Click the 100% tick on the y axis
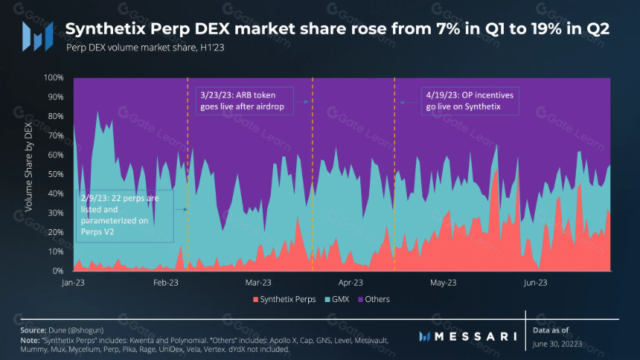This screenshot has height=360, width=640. click(x=54, y=77)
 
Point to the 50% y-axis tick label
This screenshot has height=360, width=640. click(x=55, y=174)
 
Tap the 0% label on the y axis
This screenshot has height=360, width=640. click(x=57, y=271)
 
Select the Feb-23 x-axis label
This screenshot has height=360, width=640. click(x=166, y=283)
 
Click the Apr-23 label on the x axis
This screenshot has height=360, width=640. click(x=351, y=283)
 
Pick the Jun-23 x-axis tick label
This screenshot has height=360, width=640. click(x=536, y=283)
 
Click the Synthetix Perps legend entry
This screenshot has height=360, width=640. click(x=284, y=299)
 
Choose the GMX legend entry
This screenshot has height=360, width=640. click(x=337, y=299)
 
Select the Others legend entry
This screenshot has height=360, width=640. click(x=374, y=299)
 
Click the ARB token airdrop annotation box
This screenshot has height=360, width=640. click(x=245, y=101)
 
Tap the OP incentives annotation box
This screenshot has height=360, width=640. click(x=470, y=101)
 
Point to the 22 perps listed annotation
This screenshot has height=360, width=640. click(x=125, y=216)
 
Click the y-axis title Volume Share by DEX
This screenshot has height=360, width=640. click(x=28, y=167)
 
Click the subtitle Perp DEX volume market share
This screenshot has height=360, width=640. click(x=145, y=48)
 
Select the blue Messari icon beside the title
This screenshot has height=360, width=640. click(x=38, y=36)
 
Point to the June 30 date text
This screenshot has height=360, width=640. click(x=557, y=344)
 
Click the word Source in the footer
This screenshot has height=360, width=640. click(x=33, y=330)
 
